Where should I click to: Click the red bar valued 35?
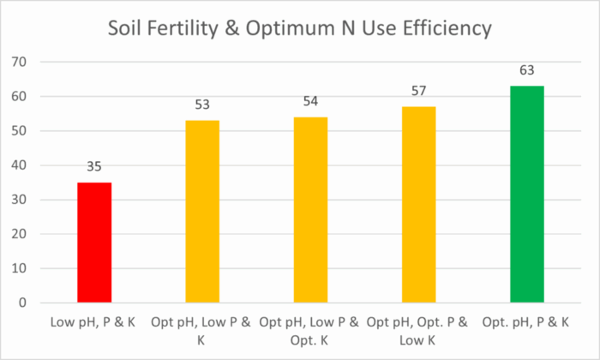click(x=94, y=243)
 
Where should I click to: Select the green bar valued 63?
click(x=527, y=195)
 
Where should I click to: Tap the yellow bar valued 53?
click(x=202, y=212)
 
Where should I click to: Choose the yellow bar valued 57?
click(x=419, y=205)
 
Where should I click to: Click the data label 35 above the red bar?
click(x=94, y=166)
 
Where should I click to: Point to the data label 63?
click(x=527, y=69)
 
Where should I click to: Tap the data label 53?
click(x=202, y=104)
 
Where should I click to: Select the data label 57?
click(x=419, y=90)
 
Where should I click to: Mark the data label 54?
click(x=310, y=100)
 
